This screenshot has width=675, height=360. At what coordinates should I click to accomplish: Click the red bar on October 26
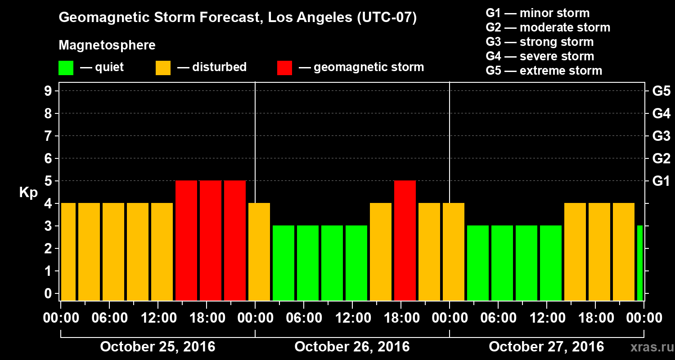(x=405, y=240)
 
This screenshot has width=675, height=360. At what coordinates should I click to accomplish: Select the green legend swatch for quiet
(x=66, y=68)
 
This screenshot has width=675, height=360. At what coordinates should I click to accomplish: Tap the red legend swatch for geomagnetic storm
(x=284, y=68)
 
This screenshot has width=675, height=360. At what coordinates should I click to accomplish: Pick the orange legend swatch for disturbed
(x=163, y=68)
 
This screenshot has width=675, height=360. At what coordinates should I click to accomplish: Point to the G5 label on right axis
(x=661, y=91)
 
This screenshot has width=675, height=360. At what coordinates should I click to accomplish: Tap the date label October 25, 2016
(x=157, y=346)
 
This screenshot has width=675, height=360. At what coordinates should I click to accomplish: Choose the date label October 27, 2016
(x=546, y=346)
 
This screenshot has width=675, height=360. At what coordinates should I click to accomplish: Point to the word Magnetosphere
(x=107, y=45)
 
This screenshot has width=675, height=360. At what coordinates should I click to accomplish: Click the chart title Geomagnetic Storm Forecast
(x=238, y=18)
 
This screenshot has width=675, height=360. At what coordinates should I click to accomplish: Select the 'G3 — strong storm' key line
(x=540, y=42)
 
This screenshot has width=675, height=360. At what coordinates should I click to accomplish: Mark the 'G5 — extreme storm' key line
(x=544, y=71)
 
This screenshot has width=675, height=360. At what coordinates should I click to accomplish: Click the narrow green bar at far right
(x=640, y=263)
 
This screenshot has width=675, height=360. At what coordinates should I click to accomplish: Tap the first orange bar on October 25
(x=68, y=252)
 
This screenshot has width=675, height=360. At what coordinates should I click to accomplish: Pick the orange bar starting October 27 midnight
(x=454, y=252)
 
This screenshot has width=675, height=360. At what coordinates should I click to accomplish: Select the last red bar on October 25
(x=235, y=240)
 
